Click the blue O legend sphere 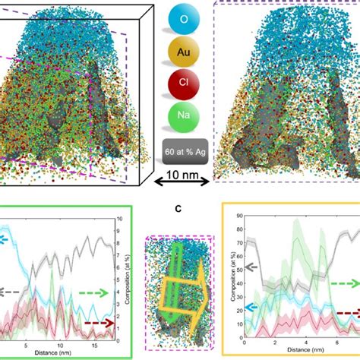pos(179,17)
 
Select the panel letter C pos(179,213)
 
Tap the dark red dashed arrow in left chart pos(99,324)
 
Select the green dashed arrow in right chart pos(344,282)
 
